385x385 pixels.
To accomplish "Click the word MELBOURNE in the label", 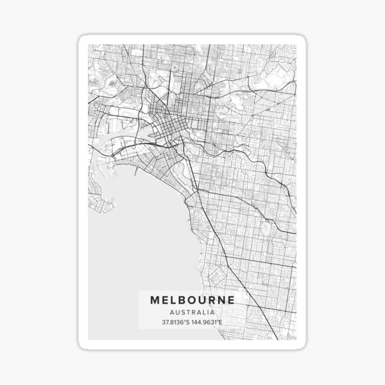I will [193, 300].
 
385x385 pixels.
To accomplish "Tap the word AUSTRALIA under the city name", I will [193, 311].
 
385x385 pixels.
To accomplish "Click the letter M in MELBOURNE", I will [155, 300].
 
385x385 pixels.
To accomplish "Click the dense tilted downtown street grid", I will [170, 122].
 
